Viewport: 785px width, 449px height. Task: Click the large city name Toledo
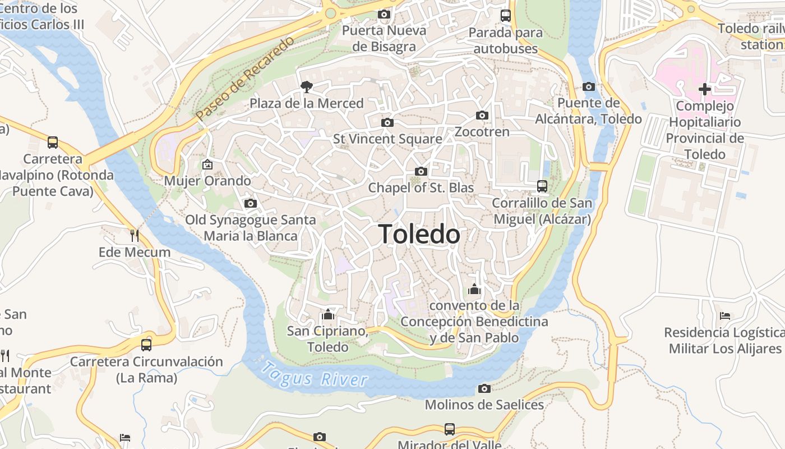click(419, 234)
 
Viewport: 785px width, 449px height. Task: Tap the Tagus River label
click(315, 375)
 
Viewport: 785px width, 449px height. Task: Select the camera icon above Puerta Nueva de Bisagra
click(384, 14)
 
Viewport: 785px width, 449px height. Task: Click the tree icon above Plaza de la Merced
click(307, 86)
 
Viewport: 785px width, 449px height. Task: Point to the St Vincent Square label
click(387, 139)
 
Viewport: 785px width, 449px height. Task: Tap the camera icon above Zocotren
click(482, 116)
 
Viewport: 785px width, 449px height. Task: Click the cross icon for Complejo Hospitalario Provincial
click(705, 89)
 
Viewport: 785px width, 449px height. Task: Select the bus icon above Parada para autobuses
click(506, 16)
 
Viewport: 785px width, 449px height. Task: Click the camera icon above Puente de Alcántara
click(588, 86)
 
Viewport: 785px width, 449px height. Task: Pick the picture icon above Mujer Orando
click(207, 164)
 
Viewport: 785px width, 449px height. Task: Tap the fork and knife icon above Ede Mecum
click(135, 235)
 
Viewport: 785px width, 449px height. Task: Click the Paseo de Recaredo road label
click(244, 79)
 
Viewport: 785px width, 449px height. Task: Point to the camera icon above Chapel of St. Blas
click(421, 171)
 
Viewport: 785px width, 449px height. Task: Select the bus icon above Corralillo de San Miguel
click(542, 186)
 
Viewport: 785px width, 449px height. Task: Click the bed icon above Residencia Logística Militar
click(725, 315)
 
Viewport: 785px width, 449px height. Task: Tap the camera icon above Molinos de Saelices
click(484, 388)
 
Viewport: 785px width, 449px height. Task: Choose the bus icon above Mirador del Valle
click(450, 429)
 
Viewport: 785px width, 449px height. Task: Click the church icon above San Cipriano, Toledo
click(328, 314)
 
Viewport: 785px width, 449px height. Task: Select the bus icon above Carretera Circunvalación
click(146, 345)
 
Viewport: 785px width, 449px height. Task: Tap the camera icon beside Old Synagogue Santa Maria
click(251, 203)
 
